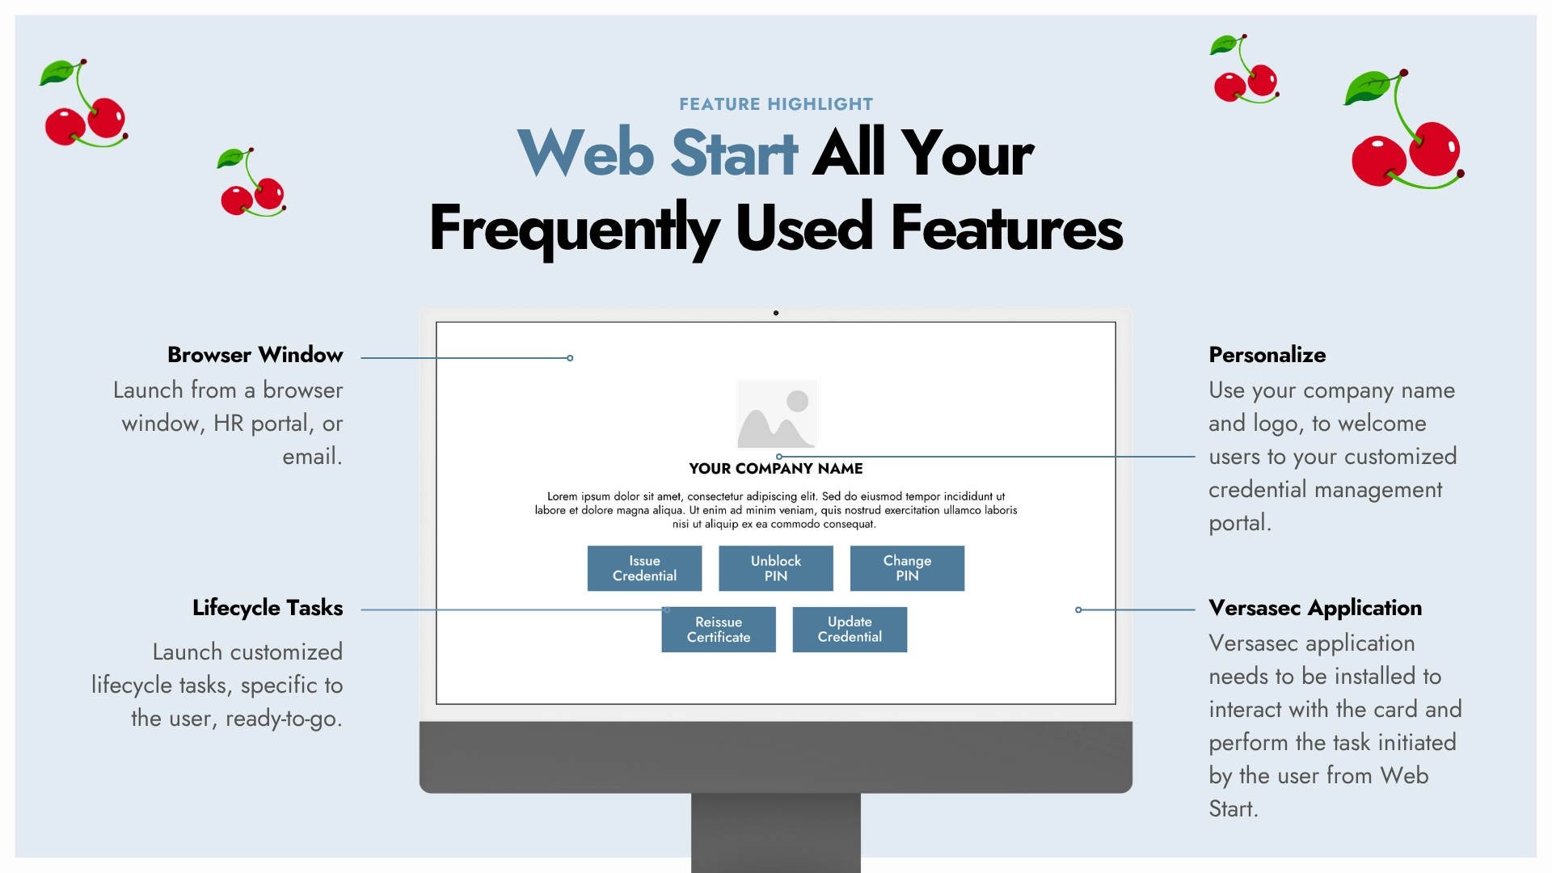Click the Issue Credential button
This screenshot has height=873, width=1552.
click(x=644, y=568)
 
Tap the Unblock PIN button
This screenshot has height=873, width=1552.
click(x=775, y=568)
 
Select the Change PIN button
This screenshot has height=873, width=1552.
click(x=907, y=568)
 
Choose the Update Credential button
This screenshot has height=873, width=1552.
click(x=850, y=630)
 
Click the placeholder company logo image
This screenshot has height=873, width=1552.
click(x=776, y=414)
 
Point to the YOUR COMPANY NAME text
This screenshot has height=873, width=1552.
click(x=775, y=469)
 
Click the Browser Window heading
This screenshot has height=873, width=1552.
click(x=255, y=355)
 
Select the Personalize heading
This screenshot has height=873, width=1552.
click(x=1267, y=355)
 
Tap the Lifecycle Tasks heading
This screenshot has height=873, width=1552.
click(x=268, y=608)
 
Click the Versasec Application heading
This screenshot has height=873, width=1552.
click(x=1314, y=608)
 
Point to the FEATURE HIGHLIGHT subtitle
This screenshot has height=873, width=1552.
click(x=776, y=104)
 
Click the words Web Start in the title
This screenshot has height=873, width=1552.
click(x=658, y=153)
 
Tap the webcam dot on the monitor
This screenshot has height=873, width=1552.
click(x=776, y=313)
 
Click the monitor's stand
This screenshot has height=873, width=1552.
click(x=776, y=833)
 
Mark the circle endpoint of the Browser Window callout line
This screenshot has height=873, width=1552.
click(x=570, y=358)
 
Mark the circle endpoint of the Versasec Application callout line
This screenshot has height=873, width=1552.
click(x=1078, y=609)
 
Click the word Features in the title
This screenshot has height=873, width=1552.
click(x=1006, y=229)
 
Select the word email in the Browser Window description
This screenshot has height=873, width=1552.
click(x=310, y=457)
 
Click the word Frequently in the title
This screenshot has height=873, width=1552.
click(x=574, y=229)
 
